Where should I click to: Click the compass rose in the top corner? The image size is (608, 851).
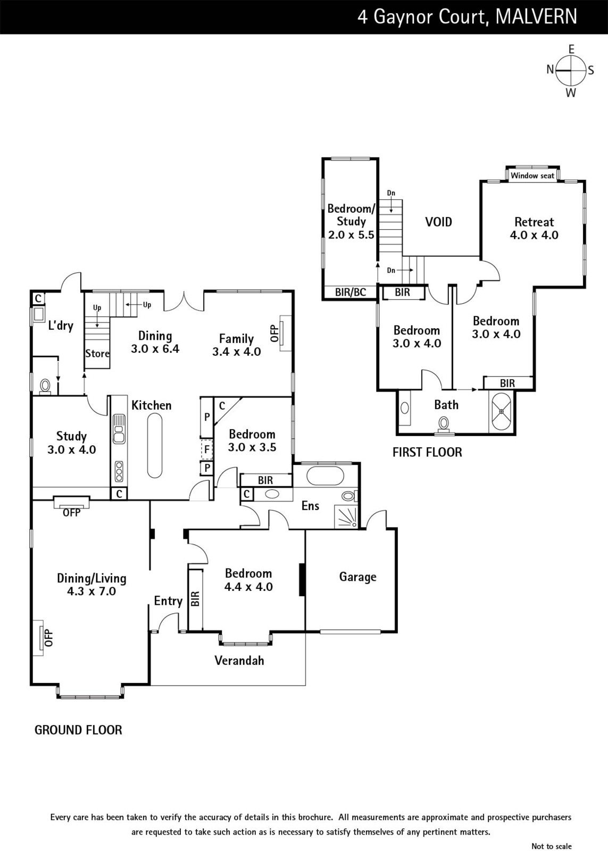pos(570,71)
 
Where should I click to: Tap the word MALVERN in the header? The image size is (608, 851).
pos(536,16)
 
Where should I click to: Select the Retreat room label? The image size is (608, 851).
pos(534,222)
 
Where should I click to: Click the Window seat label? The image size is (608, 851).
pos(532,176)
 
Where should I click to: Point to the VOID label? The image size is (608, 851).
pos(438,222)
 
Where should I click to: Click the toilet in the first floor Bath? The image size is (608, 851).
pos(443,425)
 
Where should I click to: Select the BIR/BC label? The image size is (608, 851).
pos(351,292)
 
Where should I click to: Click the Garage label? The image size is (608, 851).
pos(357,577)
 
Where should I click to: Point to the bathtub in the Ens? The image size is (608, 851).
pos(326,475)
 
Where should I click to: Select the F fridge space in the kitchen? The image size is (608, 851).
pos(206,449)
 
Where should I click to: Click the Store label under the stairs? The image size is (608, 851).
pos(97,354)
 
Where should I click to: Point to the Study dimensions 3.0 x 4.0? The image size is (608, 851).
pos(71,450)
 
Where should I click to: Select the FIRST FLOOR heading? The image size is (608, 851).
pos(427,452)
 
